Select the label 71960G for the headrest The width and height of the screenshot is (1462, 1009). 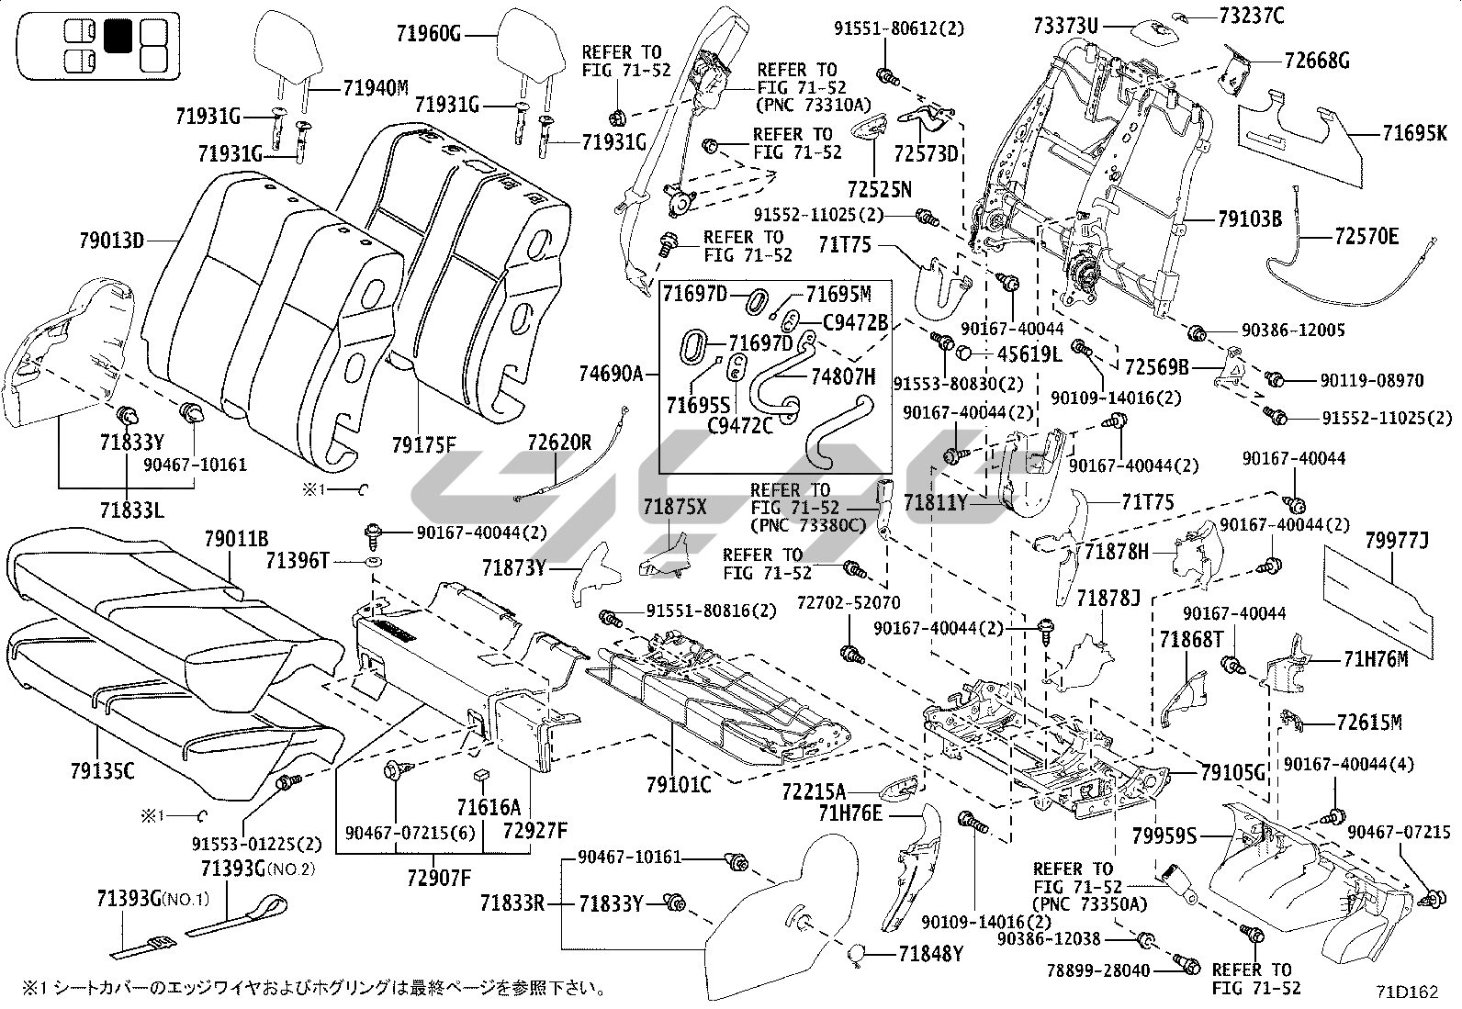(x=429, y=36)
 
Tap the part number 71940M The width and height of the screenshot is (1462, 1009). (x=376, y=88)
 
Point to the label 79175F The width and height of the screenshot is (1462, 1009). (x=423, y=445)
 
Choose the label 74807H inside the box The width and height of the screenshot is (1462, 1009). (x=843, y=376)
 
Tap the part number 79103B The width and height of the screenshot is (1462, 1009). (x=1249, y=219)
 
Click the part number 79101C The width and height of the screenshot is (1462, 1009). (x=678, y=784)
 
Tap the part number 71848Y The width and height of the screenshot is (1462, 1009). (x=930, y=955)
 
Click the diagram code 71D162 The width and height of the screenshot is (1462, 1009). (x=1406, y=992)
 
